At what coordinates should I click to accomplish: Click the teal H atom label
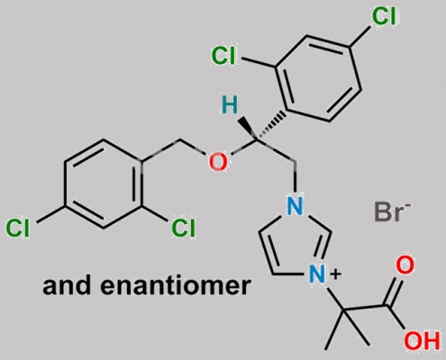[x=230, y=106]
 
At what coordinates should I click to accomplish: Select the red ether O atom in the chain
[x=218, y=162]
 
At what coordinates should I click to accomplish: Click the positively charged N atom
[x=318, y=274]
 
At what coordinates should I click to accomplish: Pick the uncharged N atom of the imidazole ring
[x=295, y=206]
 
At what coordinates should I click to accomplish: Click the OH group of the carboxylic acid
[x=422, y=341]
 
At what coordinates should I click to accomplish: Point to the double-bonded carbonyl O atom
[x=405, y=265]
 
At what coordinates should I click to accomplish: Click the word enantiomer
[x=175, y=284]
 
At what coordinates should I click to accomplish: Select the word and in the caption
[x=67, y=284]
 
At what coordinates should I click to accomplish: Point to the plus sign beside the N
[x=337, y=274]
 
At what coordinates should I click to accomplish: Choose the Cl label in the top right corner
[x=384, y=15]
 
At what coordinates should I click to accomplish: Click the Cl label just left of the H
[x=223, y=56]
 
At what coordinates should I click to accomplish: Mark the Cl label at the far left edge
[x=18, y=228]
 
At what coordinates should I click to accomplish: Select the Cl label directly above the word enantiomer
[x=183, y=228]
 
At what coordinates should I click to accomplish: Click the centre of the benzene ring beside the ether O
[x=103, y=184]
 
